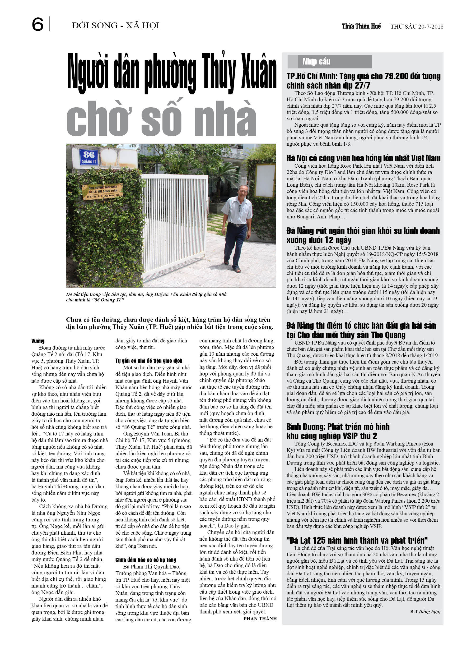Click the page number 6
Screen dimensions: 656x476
tap(38, 24)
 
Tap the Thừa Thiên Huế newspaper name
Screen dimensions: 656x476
tap(361, 26)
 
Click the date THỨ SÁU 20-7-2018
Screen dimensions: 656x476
tap(417, 27)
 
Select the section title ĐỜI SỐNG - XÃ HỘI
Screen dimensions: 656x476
tap(115, 25)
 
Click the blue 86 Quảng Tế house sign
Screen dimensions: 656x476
tap(89, 157)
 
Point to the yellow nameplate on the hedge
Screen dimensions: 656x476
tap(102, 191)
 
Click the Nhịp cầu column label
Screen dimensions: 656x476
tap(316, 61)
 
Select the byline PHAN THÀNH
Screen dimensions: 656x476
tap(260, 619)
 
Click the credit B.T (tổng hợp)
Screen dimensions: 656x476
tap(425, 612)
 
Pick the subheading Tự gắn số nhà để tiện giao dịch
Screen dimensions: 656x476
tap(148, 361)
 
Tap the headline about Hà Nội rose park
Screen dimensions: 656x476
tap(363, 158)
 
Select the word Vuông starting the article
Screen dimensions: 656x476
tap(38, 341)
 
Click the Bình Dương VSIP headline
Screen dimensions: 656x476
tap(338, 431)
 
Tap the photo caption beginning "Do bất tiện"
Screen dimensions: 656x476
tap(146, 297)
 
